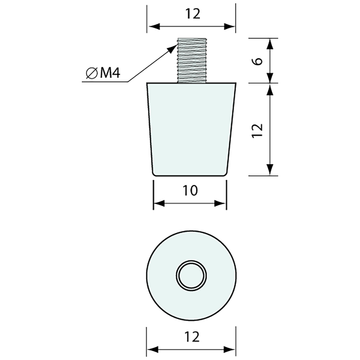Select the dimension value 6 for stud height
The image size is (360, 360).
tap(258, 61)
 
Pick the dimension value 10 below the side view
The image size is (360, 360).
tap(190, 190)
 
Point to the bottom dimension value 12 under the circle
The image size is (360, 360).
tap(192, 336)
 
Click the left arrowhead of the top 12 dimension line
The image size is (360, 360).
tap(153, 27)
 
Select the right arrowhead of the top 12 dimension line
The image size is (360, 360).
tap(230, 27)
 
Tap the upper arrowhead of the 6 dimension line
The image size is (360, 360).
tap(270, 44)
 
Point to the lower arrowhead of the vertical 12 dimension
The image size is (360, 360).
tap(270, 170)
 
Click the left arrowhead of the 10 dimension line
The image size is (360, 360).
tap(159, 204)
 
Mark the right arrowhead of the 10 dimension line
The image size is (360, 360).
tap(221, 204)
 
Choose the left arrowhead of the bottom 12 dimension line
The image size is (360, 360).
tap(152, 350)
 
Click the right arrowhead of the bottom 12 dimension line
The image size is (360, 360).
tap(230, 350)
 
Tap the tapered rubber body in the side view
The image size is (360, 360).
tap(191, 131)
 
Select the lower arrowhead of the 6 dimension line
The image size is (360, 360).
tap(270, 78)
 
